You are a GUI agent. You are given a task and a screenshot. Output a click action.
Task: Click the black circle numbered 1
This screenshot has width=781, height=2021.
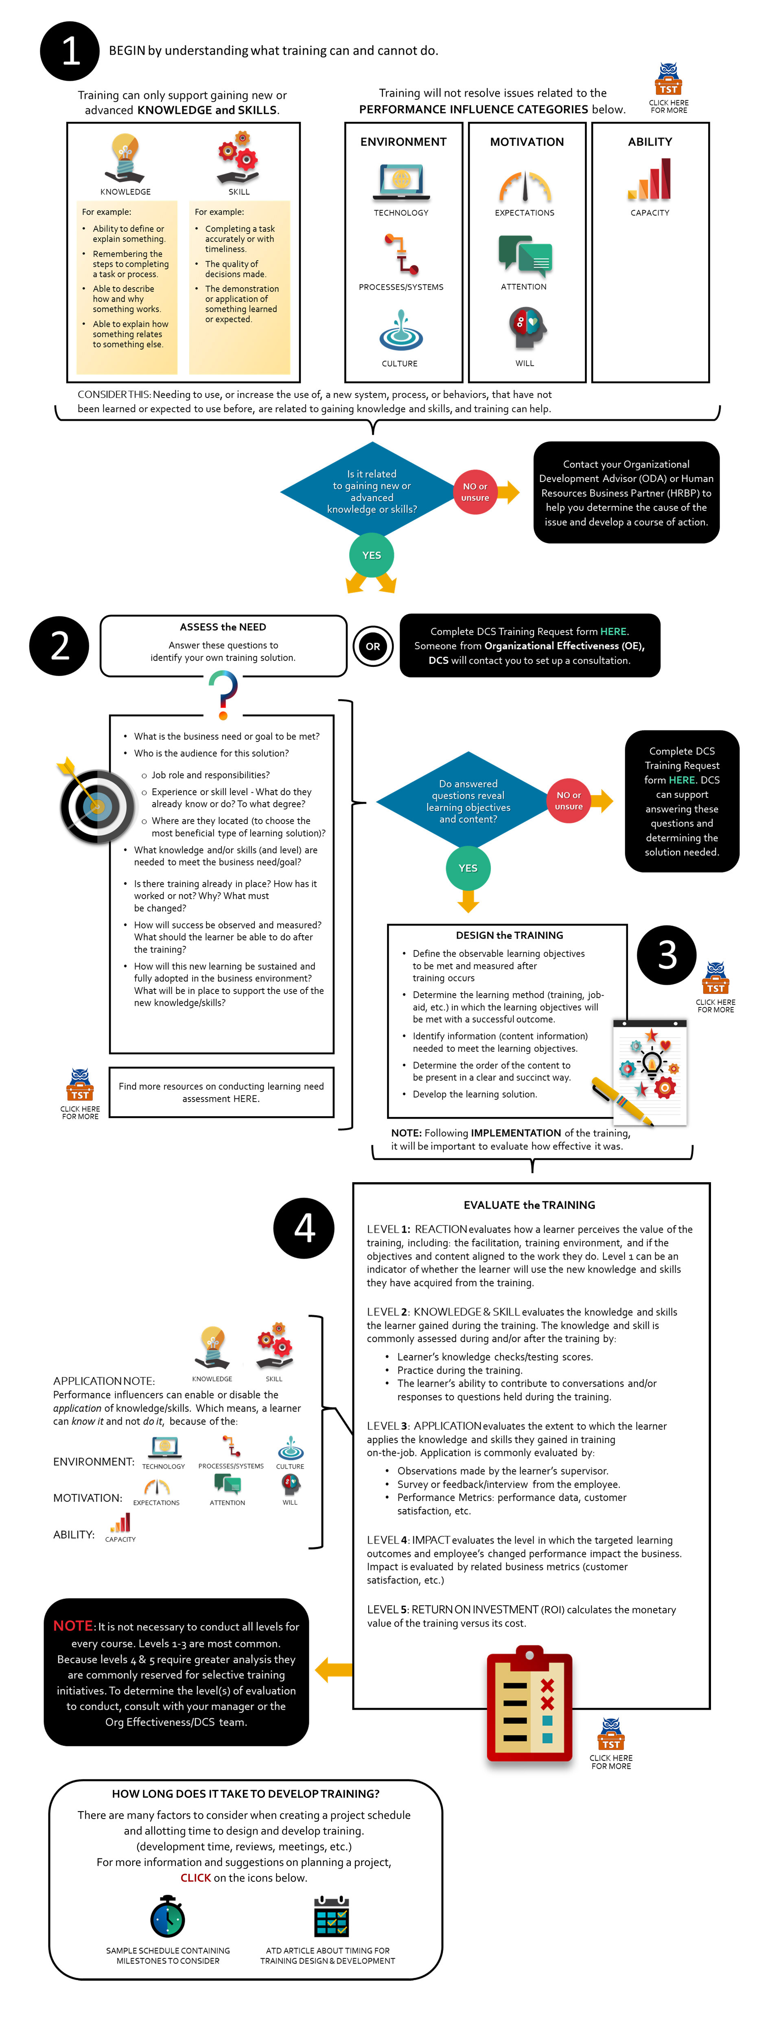70,51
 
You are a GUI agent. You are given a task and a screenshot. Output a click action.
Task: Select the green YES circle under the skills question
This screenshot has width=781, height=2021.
372,555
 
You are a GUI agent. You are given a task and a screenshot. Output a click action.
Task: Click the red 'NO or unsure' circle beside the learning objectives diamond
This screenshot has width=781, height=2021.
569,800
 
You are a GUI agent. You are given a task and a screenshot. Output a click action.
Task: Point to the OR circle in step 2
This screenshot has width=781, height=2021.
372,647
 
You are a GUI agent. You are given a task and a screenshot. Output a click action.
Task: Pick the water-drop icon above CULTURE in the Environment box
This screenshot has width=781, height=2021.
401,330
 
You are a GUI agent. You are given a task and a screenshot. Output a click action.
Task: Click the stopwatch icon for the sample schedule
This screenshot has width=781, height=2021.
167,1917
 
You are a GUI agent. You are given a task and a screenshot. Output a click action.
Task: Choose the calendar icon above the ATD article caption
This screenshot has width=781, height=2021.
331,1917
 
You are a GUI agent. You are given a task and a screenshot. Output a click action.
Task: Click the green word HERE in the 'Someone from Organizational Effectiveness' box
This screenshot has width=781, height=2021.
613,631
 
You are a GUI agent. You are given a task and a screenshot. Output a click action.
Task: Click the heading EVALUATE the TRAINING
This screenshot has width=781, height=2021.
529,1205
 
